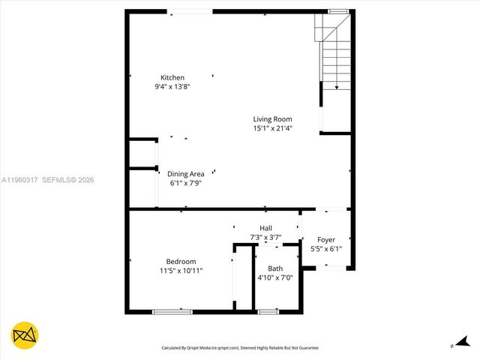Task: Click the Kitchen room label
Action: tap(172, 78)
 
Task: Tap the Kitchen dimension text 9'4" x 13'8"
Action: tap(172, 87)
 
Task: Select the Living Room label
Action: tap(272, 118)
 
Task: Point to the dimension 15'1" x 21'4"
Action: tap(272, 128)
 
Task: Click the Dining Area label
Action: tap(185, 174)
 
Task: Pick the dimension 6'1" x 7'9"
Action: tap(185, 183)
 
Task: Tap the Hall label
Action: tap(265, 228)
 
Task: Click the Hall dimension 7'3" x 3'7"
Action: tap(265, 237)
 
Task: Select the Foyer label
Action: tap(326, 239)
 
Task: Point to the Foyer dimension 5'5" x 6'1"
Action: tap(326, 248)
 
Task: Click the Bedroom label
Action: tap(181, 261)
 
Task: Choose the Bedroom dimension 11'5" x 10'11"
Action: tap(181, 270)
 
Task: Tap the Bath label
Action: tap(275, 268)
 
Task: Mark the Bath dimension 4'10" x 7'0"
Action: tap(275, 277)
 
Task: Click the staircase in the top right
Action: tap(335, 52)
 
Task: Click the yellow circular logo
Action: tap(25, 335)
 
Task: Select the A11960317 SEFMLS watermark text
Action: tap(47, 180)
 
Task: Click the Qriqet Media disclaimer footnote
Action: tap(240, 348)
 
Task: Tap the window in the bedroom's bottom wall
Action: tap(167, 311)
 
